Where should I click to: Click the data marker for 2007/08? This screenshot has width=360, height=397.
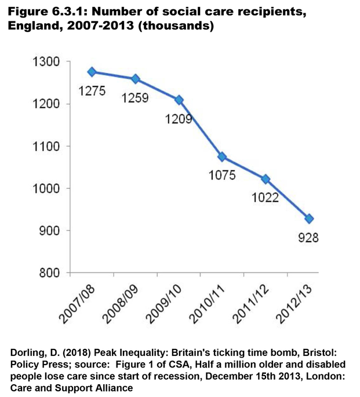click(92, 72)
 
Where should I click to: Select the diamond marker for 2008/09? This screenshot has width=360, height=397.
click(135, 79)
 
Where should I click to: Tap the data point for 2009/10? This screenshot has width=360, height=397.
click(179, 100)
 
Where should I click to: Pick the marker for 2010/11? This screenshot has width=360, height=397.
click(222, 157)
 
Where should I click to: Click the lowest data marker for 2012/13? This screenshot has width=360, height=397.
click(310, 218)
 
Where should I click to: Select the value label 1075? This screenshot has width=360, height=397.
click(222, 176)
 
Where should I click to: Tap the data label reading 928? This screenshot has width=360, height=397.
click(310, 238)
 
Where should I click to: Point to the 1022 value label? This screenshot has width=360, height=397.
click(266, 198)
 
